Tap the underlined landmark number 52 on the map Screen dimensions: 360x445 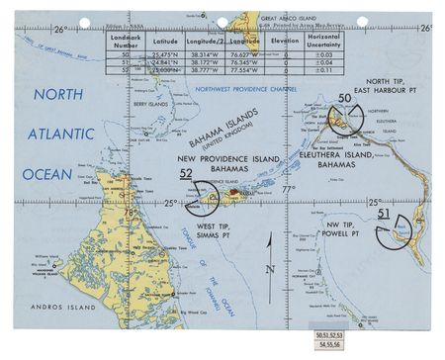pyautogui.click(x=186, y=174)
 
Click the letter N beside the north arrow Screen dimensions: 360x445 pyautogui.click(x=269, y=269)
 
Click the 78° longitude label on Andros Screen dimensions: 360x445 pyautogui.click(x=131, y=212)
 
